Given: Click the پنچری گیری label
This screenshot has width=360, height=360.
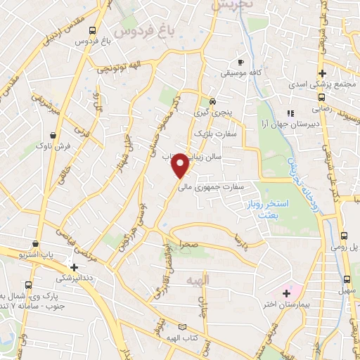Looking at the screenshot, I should [212, 112].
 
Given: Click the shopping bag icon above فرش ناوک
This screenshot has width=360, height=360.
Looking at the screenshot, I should [53, 134].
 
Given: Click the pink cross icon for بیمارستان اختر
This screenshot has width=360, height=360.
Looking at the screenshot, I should [285, 292].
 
